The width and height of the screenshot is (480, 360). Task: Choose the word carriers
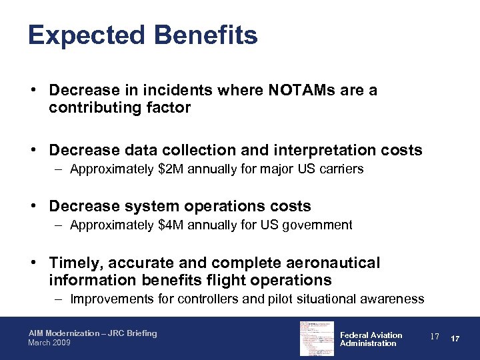point(341,169)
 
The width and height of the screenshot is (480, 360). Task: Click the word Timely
point(73,263)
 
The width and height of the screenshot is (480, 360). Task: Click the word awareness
point(393,299)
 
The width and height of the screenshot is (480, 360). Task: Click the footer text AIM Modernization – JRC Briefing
point(93,333)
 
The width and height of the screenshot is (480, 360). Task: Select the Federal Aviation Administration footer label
point(371,339)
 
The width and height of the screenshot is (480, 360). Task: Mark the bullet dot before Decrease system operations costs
point(32,207)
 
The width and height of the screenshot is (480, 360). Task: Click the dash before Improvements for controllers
point(59,299)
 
